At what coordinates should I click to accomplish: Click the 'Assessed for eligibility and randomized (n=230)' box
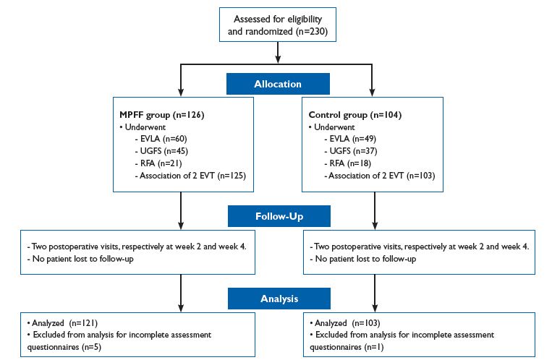click(278, 22)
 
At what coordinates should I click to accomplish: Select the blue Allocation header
click(278, 84)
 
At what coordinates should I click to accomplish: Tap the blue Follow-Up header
click(278, 216)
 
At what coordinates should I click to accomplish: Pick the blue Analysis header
click(278, 297)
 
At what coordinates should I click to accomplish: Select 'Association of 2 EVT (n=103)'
click(381, 176)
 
